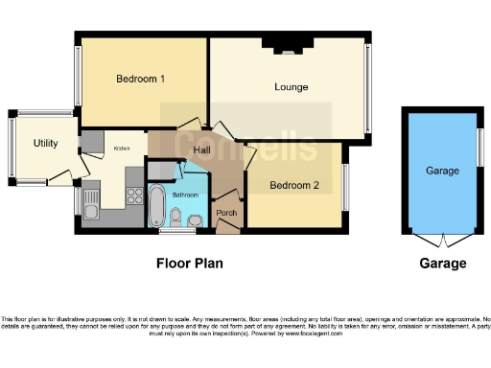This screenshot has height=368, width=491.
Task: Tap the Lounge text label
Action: click(x=291, y=87)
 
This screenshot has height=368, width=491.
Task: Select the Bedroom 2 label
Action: click(x=293, y=185)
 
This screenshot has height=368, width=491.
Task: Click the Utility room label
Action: click(x=45, y=144)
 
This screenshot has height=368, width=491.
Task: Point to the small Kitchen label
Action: click(x=123, y=149)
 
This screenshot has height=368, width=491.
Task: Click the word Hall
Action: click(x=201, y=150)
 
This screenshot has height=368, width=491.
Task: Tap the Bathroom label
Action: click(x=185, y=195)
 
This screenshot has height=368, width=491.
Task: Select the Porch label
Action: click(x=226, y=213)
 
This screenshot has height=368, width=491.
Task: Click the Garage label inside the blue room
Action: click(x=442, y=172)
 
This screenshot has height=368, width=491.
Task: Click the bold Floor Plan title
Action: click(x=189, y=263)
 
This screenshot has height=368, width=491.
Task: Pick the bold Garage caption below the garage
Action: click(x=442, y=264)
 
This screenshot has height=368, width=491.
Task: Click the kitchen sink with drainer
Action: click(x=91, y=201)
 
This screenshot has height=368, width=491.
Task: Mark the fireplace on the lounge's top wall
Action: click(x=288, y=42)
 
